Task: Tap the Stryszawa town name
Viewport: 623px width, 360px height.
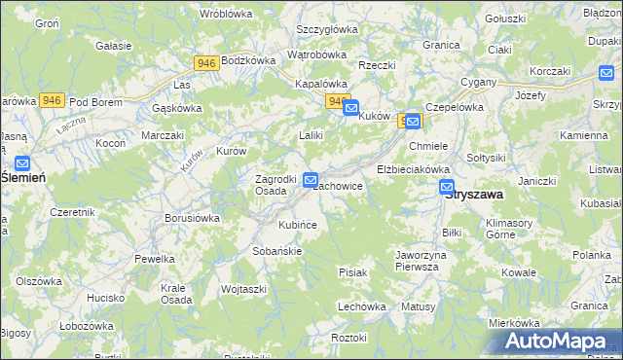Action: [x=474, y=194]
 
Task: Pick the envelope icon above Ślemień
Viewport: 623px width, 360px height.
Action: [x=22, y=163]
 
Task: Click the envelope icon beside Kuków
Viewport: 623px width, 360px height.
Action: [x=350, y=109]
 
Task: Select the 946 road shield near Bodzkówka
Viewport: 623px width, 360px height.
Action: [x=205, y=63]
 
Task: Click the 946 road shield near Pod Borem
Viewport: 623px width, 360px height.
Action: [x=53, y=100]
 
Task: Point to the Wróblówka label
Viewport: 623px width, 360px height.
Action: [x=226, y=14]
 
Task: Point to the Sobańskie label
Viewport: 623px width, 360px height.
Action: [x=277, y=250]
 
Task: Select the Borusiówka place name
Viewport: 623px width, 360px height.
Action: [x=193, y=218]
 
